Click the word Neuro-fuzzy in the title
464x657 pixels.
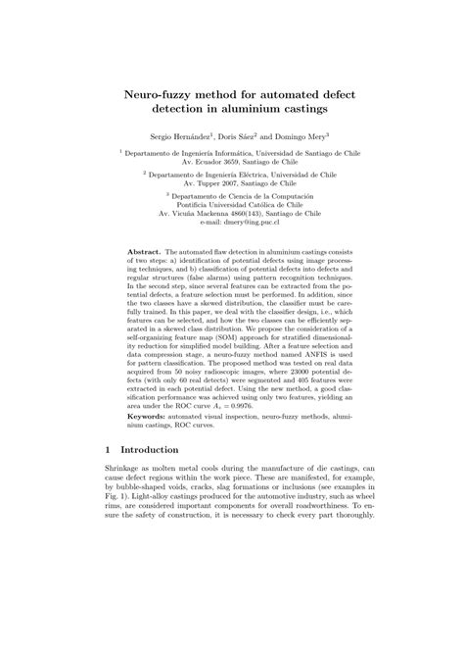[x=161, y=95]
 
